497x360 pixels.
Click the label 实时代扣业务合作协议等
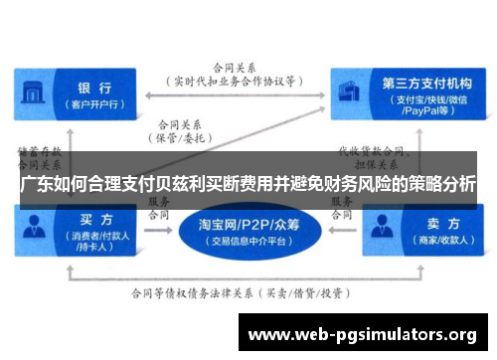click(x=240, y=82)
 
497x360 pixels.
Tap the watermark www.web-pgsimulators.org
click(x=362, y=333)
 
